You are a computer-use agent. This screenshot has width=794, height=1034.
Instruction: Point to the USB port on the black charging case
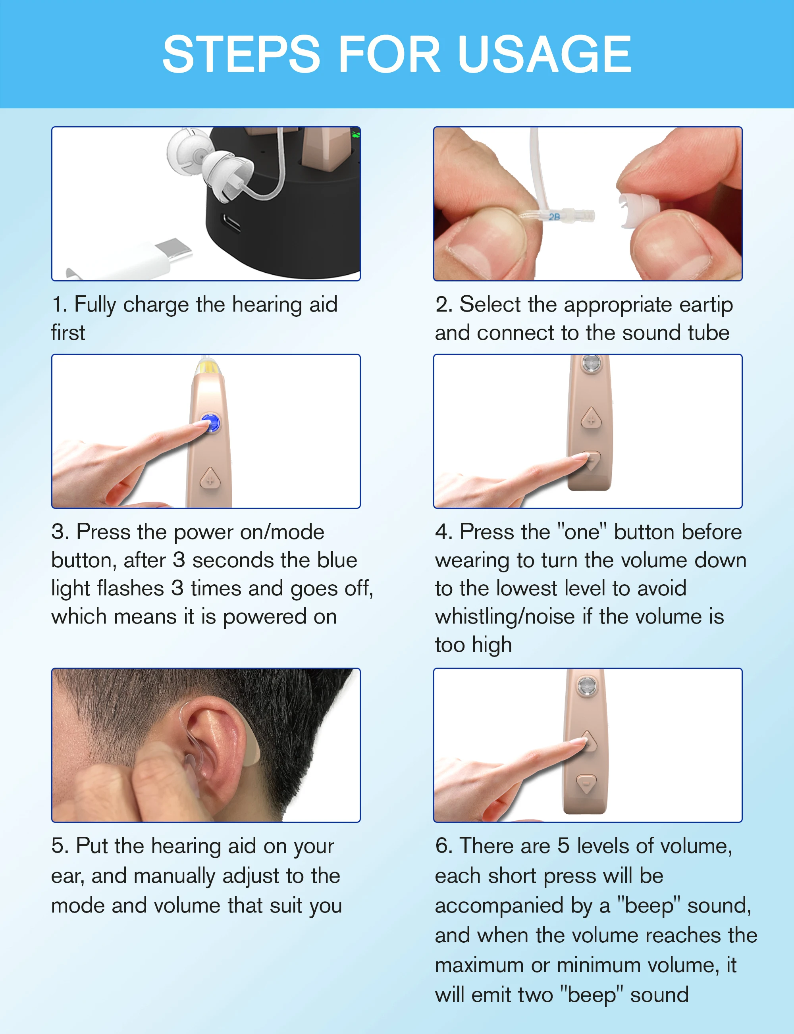pos(231,223)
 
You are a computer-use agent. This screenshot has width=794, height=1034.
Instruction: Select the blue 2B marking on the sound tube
pos(554,216)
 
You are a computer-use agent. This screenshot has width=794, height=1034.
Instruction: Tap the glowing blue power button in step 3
pos(210,422)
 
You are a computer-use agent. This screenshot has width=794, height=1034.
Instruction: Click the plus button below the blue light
pos(210,478)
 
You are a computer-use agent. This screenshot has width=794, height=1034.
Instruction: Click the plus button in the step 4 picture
pos(591,419)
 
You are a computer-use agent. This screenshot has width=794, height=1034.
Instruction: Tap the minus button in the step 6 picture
pos(586,784)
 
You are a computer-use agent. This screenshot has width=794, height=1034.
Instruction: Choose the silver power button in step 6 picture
pos(587,685)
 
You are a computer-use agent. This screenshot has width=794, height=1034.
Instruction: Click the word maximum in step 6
pos(478,965)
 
